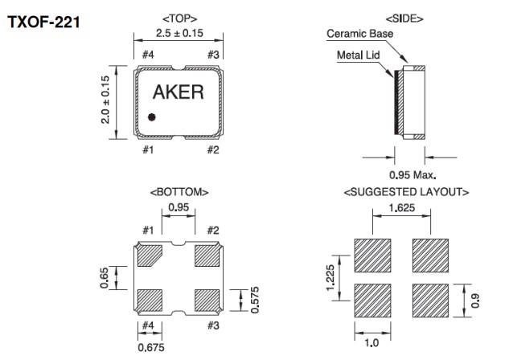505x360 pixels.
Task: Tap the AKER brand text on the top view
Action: coord(179,92)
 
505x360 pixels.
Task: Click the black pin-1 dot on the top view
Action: coord(151,117)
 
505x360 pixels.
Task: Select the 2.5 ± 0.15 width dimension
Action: coord(180,33)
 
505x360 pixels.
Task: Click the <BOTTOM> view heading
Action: coord(179,193)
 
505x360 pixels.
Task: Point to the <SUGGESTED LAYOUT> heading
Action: coord(406,193)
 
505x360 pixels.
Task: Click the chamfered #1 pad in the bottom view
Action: coord(150,256)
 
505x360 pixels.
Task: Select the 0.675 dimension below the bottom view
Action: coord(150,349)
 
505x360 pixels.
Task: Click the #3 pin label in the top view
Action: coord(213,55)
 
